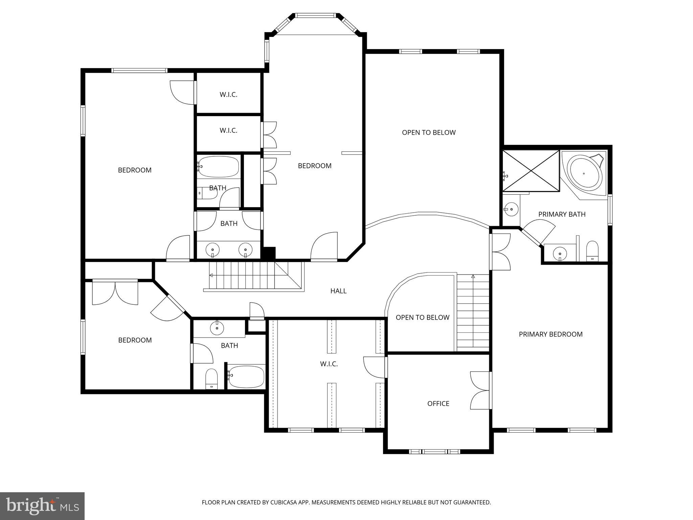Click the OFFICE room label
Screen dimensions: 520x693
pos(438,404)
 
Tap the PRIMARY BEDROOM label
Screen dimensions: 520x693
pos(551,334)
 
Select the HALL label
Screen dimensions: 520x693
pos(338,291)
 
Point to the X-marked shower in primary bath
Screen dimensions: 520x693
pos(531,171)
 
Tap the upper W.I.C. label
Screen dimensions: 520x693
pos(228,95)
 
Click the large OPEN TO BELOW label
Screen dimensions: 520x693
pos(429,133)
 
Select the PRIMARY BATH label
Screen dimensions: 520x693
pos(562,214)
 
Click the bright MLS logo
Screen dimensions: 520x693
pos(42,506)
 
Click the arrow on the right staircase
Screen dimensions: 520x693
pos(473,277)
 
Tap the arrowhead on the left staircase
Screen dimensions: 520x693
pos(211,275)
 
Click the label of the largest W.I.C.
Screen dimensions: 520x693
pos(329,364)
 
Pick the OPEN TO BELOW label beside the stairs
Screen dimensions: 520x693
pos(422,318)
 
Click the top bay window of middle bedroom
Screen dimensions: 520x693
pos(315,16)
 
